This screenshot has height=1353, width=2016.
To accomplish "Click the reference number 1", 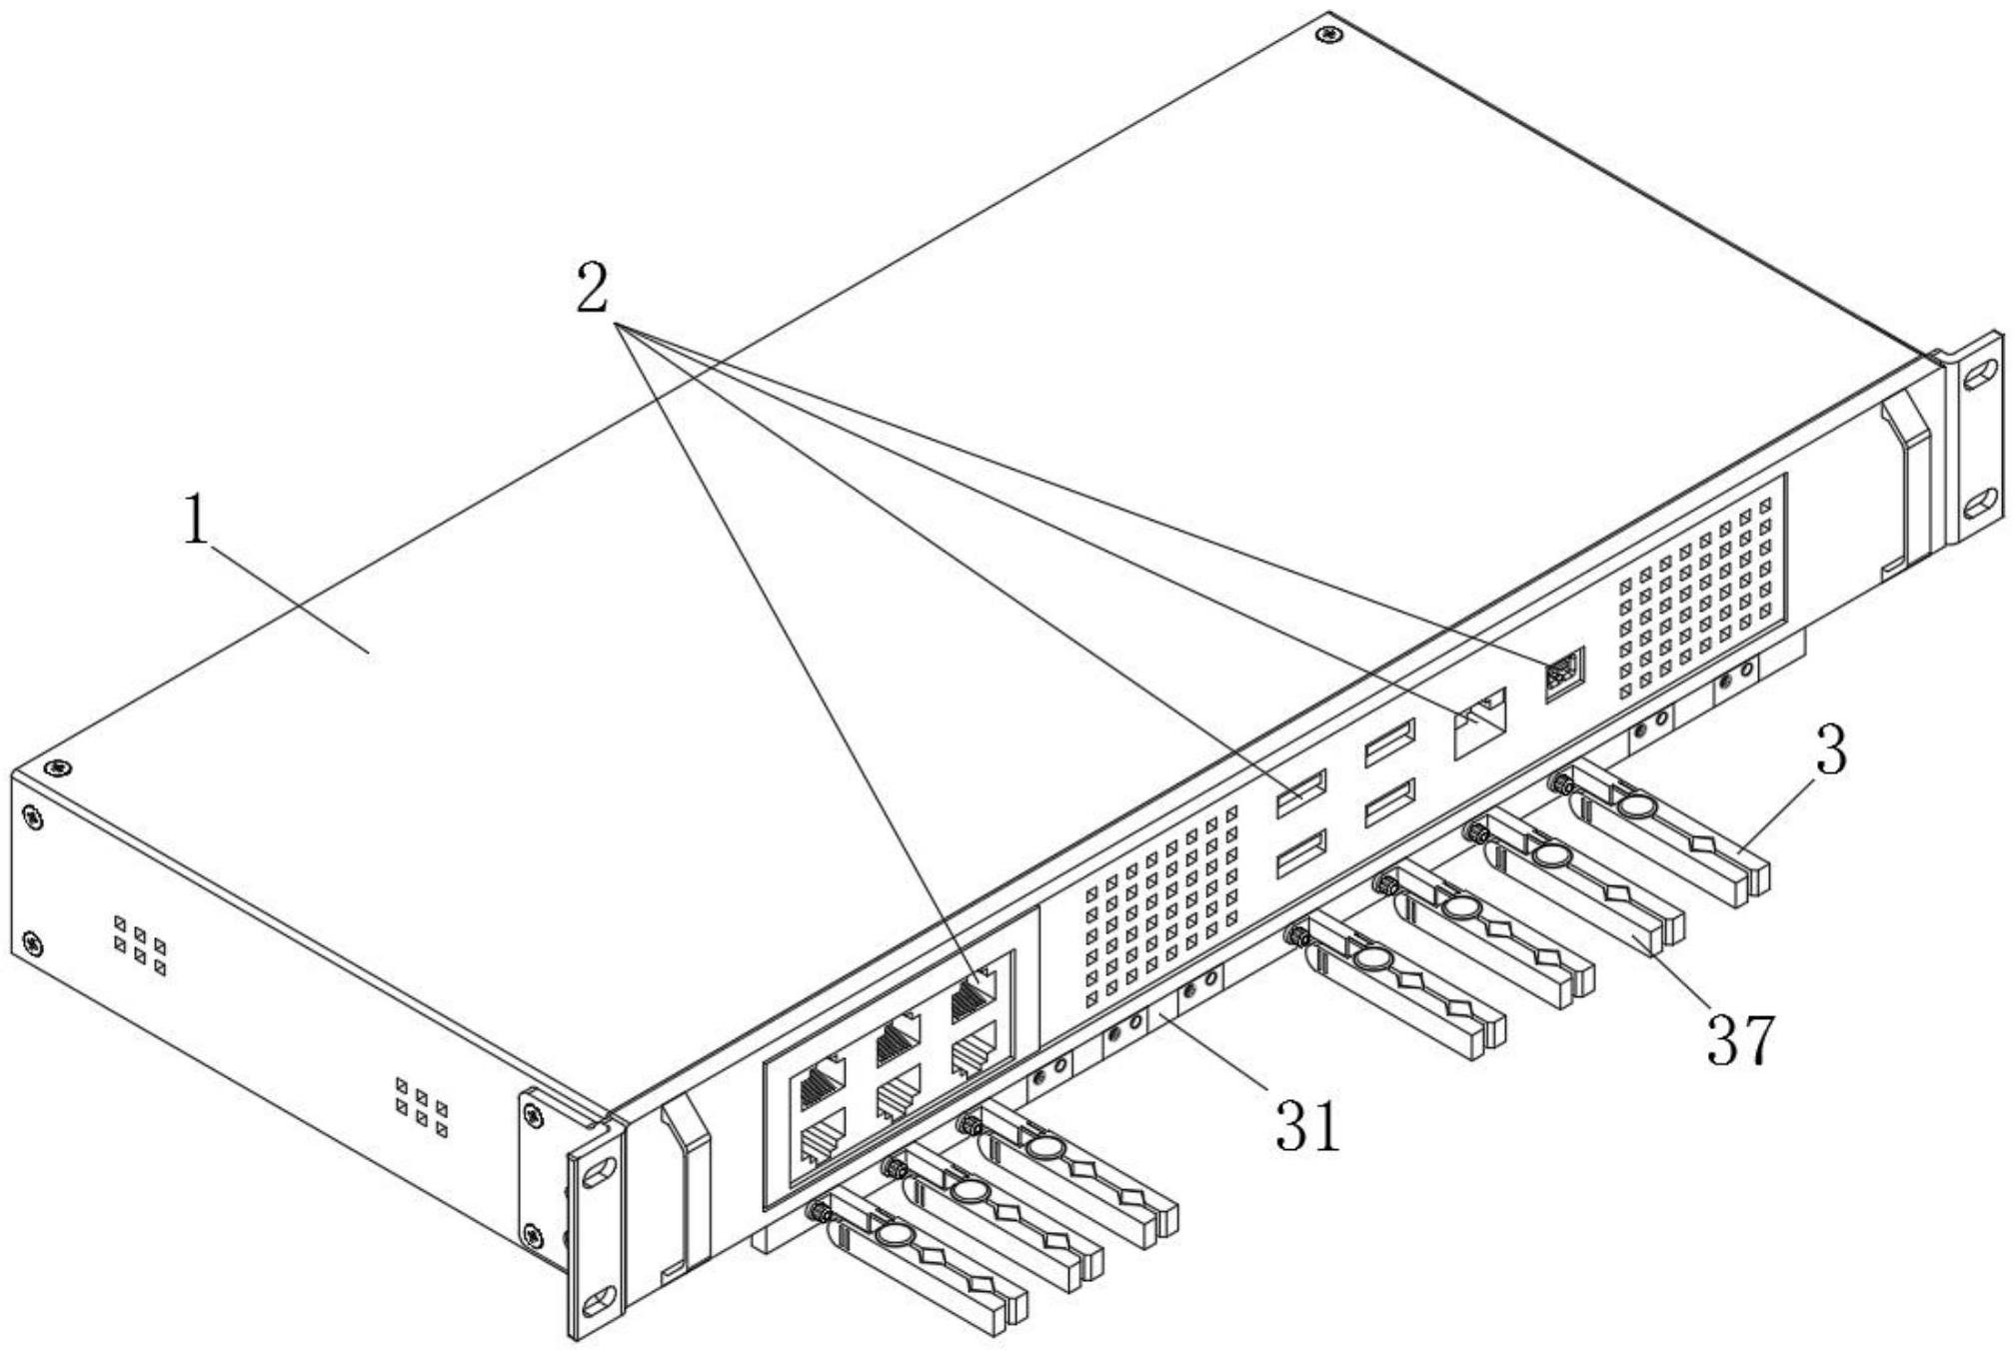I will click(197, 521).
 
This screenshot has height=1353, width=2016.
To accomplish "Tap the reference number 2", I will click(592, 289).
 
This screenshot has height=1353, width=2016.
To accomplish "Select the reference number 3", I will click(1830, 750).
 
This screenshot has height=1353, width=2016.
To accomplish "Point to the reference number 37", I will click(1740, 1040).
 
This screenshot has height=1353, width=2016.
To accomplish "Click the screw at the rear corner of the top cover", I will click(1327, 35).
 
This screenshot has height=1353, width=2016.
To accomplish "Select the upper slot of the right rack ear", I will click(1976, 374).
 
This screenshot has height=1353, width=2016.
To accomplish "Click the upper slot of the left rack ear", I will click(600, 1171).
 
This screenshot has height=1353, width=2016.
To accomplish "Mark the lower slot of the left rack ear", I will click(600, 1300).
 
